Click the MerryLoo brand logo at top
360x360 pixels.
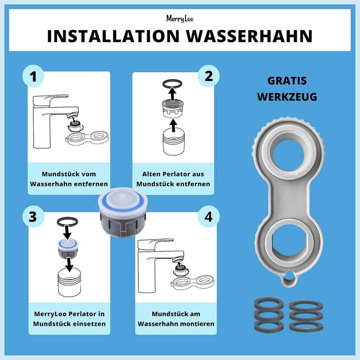(180, 18)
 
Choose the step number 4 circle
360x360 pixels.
(209, 217)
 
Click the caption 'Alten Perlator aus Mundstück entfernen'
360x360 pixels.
(173, 179)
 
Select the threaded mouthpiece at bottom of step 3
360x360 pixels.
(69, 284)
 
